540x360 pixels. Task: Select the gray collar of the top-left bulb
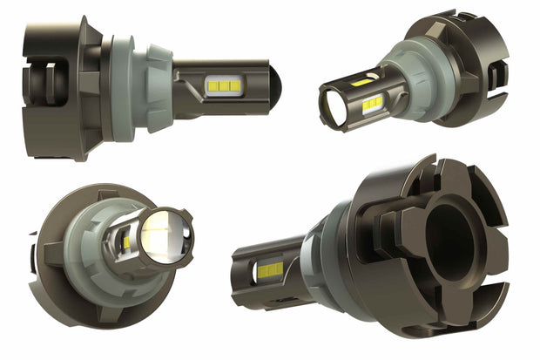(139, 84)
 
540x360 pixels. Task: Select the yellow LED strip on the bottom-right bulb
(270, 271)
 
